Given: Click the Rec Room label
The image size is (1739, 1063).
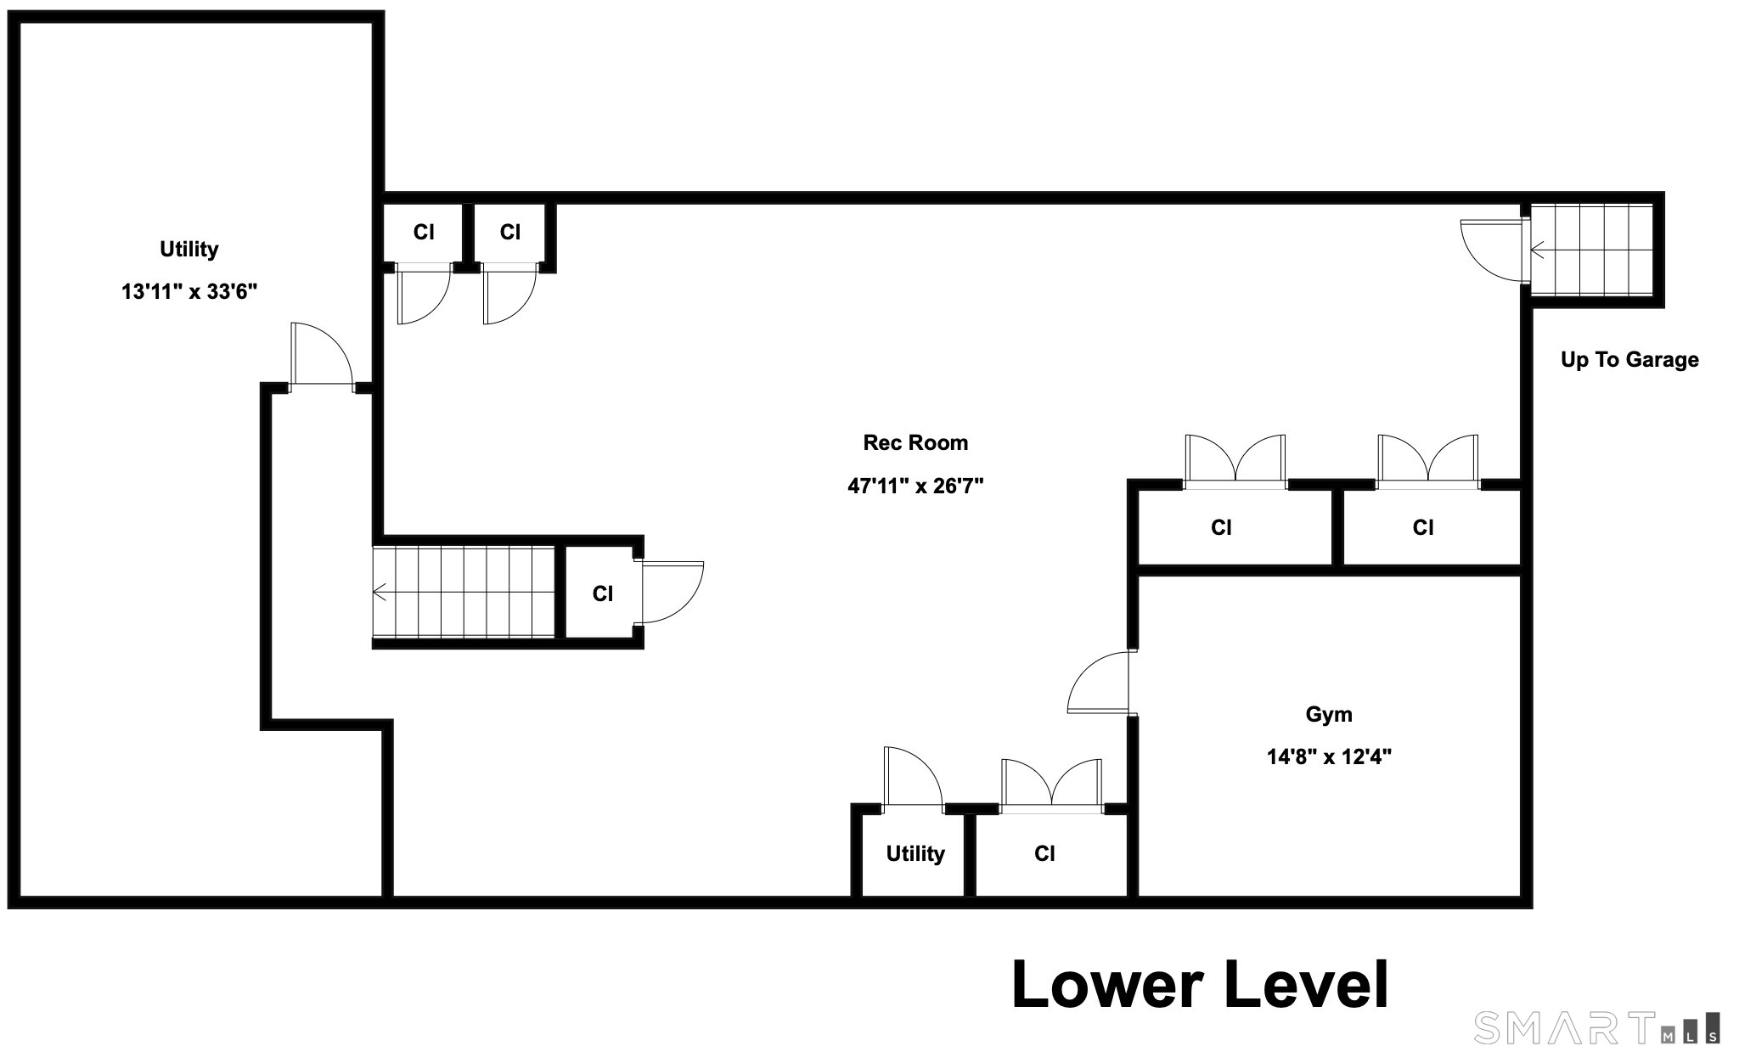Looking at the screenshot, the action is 915,442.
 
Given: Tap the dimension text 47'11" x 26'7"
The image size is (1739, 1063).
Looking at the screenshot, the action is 915,486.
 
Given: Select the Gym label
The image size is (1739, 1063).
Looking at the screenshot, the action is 1329,715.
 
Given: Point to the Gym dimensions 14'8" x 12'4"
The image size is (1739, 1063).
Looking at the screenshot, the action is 1329,756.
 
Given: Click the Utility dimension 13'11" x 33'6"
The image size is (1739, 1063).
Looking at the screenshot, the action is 189,292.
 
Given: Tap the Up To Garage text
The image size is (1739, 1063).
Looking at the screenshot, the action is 1629,359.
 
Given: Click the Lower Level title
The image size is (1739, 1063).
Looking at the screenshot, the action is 1200,985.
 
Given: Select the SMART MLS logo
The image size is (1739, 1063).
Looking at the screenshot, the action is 1597,1027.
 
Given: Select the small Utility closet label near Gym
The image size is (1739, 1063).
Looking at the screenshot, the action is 915,853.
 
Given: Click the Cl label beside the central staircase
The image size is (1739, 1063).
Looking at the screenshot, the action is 603,593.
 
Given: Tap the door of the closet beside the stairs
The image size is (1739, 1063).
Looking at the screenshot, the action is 673,593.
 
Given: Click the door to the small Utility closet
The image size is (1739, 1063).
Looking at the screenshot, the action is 913,777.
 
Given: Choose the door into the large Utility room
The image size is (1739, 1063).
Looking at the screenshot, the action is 321,355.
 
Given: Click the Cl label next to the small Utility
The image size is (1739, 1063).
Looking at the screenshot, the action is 1044,853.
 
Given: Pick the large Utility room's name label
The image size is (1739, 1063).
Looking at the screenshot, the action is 189,249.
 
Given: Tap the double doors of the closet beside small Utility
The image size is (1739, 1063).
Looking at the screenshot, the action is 1052,783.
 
